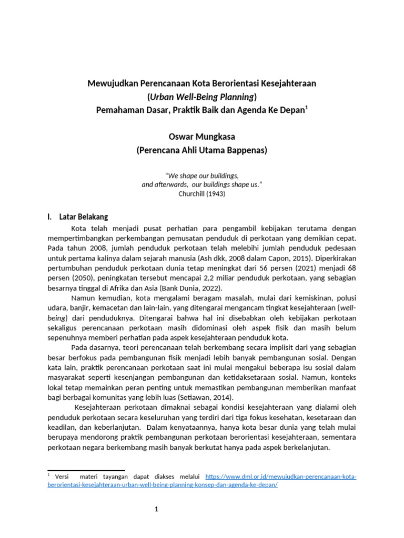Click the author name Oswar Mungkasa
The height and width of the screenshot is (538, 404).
(201, 137)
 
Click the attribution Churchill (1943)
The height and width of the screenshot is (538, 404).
(201, 193)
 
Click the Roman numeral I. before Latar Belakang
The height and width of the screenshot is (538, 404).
(49, 216)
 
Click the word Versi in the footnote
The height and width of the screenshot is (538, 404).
(62, 477)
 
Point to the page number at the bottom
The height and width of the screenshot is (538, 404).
(157, 510)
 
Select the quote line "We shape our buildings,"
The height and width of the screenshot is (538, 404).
(202, 175)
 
